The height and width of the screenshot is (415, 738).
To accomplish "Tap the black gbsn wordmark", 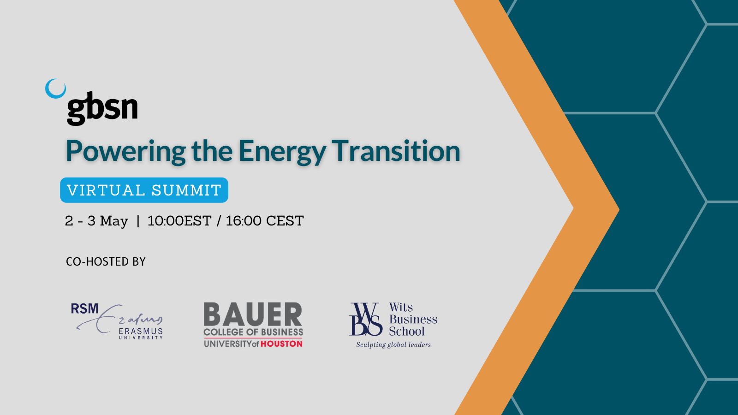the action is [102, 108].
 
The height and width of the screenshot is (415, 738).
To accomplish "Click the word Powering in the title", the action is [125, 152].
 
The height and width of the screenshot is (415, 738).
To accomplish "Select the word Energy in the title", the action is [282, 152].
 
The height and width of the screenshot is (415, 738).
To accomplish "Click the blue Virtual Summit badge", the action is [144, 190].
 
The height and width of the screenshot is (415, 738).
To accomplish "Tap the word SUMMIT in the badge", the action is [186, 190].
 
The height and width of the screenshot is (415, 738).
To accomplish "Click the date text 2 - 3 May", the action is [96, 221].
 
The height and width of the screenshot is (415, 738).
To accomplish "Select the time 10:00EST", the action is [179, 221].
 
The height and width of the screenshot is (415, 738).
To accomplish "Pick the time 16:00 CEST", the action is [265, 221].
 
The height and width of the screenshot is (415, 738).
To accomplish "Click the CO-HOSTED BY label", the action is [106, 261].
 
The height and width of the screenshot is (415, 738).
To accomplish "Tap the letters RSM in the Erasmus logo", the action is [85, 308].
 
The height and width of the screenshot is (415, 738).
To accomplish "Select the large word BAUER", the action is [253, 314].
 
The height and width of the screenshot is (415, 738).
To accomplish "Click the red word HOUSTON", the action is [281, 344].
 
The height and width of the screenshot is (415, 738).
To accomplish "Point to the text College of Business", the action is [253, 332].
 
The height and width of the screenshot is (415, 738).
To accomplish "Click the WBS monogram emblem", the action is [366, 319].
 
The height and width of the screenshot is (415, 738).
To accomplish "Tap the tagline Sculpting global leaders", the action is [393, 345].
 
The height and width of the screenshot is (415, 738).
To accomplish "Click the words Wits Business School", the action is [413, 319].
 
